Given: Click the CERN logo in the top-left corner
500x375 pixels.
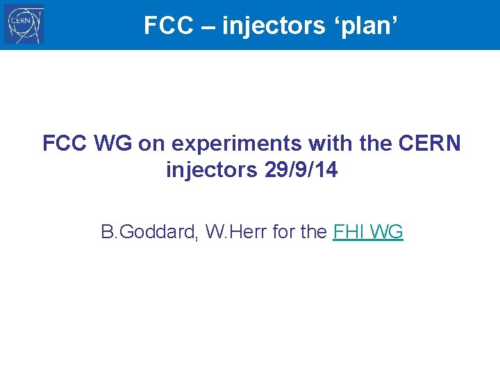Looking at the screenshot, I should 24,25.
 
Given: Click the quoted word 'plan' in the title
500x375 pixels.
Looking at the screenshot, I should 368,26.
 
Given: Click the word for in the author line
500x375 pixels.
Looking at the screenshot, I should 284,232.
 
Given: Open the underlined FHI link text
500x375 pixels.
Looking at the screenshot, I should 349,232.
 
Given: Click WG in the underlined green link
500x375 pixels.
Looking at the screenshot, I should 387,232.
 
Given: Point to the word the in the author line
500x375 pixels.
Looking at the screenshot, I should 314,232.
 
